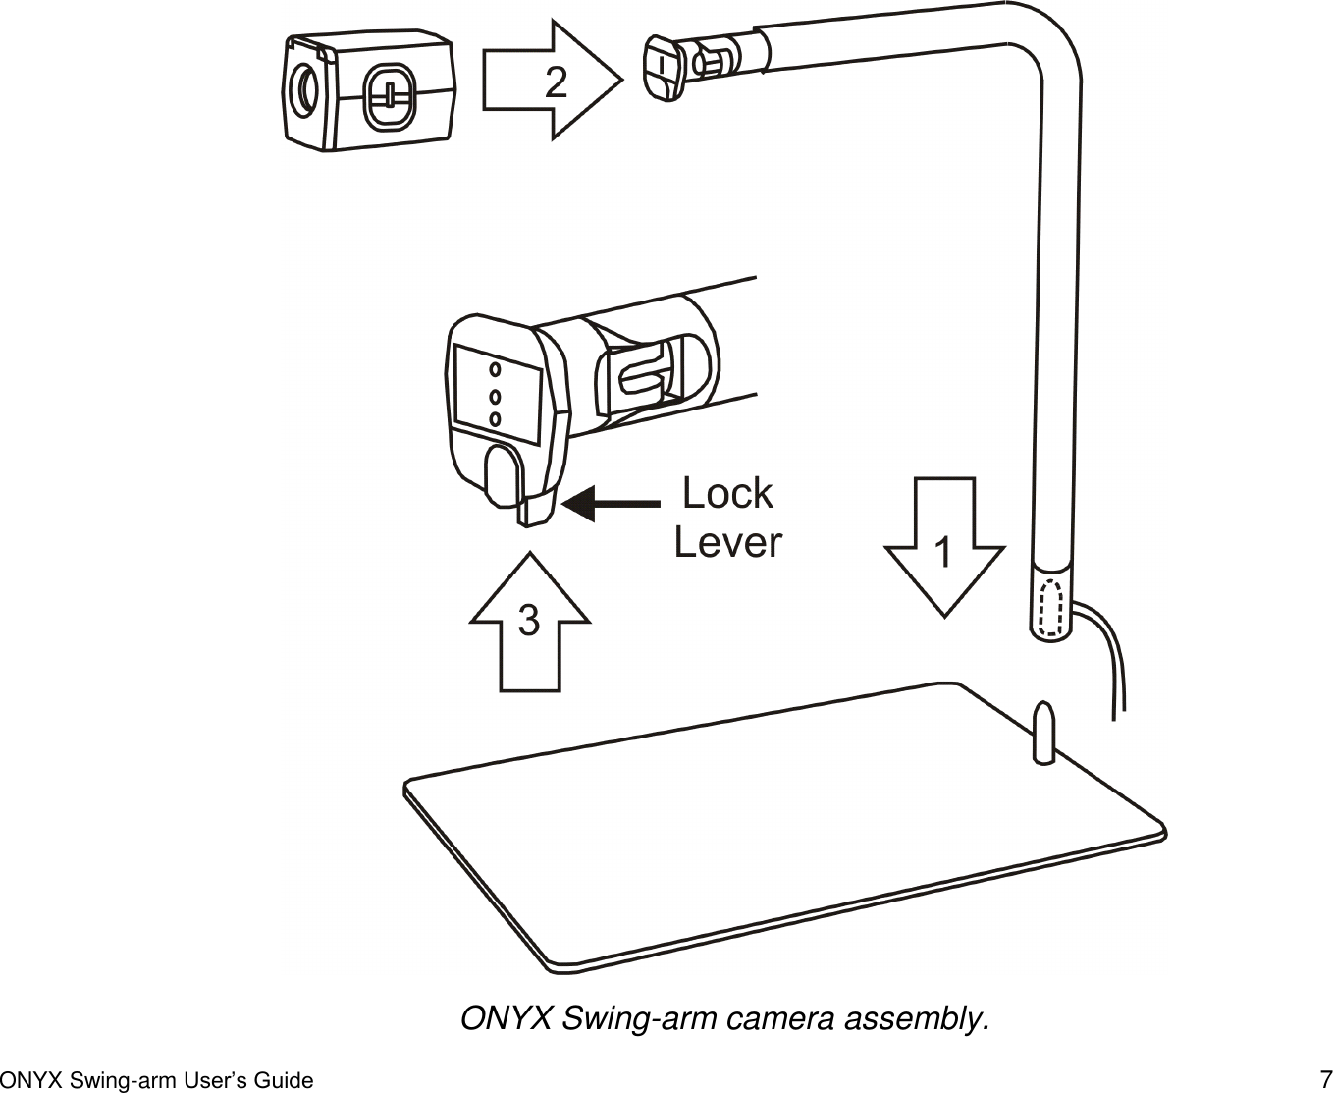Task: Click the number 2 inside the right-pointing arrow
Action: click(556, 82)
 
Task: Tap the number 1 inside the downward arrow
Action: click(942, 553)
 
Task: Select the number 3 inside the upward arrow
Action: click(529, 621)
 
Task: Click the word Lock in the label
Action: click(727, 493)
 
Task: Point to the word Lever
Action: click(727, 542)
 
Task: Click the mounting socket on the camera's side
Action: click(390, 96)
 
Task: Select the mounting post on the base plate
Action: click(1043, 731)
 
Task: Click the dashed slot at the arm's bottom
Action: click(1050, 608)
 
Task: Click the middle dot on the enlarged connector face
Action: click(495, 397)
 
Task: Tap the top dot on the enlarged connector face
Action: click(495, 370)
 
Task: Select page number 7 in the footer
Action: click(1325, 1078)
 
